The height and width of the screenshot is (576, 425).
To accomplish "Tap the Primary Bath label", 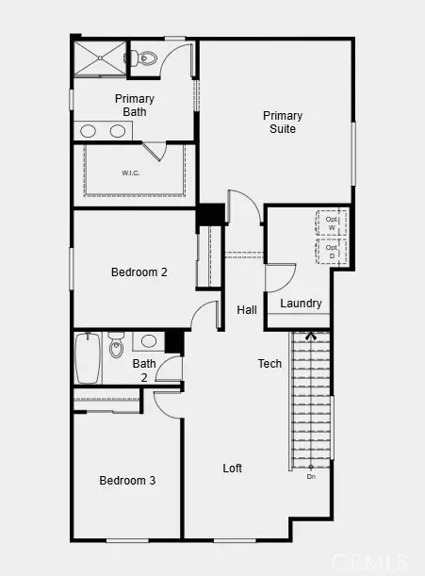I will pyautogui.click(x=135, y=105).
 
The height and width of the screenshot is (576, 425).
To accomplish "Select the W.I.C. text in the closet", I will pyautogui.click(x=130, y=173).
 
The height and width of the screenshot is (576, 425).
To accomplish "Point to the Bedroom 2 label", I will pyautogui.click(x=139, y=272).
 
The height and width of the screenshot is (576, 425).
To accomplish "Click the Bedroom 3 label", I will pyautogui.click(x=127, y=481).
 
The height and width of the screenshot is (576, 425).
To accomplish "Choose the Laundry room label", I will pyautogui.click(x=301, y=304).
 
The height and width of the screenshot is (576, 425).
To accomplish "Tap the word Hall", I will pyautogui.click(x=247, y=310).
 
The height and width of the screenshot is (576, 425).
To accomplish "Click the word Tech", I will pyautogui.click(x=270, y=363).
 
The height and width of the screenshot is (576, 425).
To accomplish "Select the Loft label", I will pyautogui.click(x=233, y=469).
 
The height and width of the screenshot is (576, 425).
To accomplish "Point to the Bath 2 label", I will pyautogui.click(x=144, y=370).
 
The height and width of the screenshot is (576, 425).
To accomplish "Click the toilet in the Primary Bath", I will pyautogui.click(x=145, y=57).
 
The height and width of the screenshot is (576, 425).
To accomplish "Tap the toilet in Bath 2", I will pyautogui.click(x=116, y=346).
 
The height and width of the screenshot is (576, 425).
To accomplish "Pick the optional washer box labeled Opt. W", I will pyautogui.click(x=332, y=222).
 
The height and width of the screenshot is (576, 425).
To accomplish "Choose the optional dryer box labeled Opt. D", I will pyautogui.click(x=332, y=252).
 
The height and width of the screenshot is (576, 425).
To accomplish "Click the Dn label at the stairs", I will pyautogui.click(x=311, y=477).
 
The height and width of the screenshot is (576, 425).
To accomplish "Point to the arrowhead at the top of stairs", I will pyautogui.click(x=310, y=334).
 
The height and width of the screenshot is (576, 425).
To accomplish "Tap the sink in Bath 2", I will pyautogui.click(x=149, y=341).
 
